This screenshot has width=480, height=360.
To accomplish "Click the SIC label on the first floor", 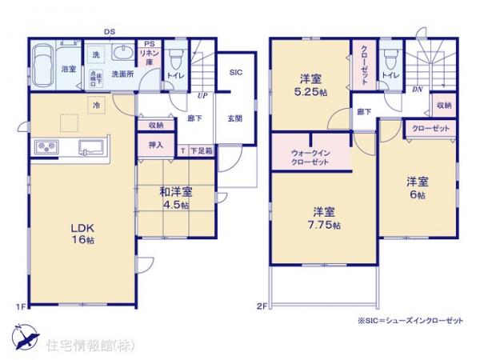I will tap(236, 73).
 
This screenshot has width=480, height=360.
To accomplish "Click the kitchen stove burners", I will tap(45, 147).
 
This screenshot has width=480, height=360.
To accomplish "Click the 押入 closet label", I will tap(156, 145).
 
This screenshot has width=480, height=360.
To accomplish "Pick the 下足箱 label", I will tap(200, 150).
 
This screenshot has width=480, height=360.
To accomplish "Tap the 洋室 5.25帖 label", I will tap(310, 84).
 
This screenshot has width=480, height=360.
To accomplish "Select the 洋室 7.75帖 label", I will tap(323, 218).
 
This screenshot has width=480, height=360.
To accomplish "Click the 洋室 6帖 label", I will tap(415, 187).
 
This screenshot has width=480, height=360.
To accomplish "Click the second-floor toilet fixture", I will tap(389, 58).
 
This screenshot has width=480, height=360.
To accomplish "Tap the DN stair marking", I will tap(417, 90).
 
